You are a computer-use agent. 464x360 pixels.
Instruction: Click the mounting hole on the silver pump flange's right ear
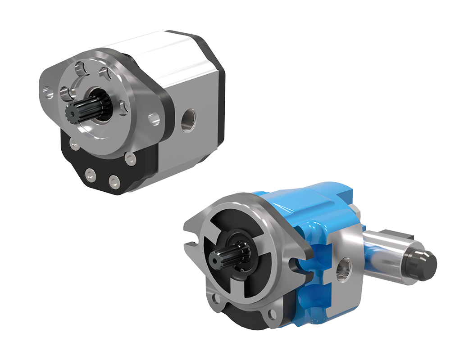point(154,119)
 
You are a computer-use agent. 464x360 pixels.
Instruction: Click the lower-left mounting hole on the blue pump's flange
point(214,298)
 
